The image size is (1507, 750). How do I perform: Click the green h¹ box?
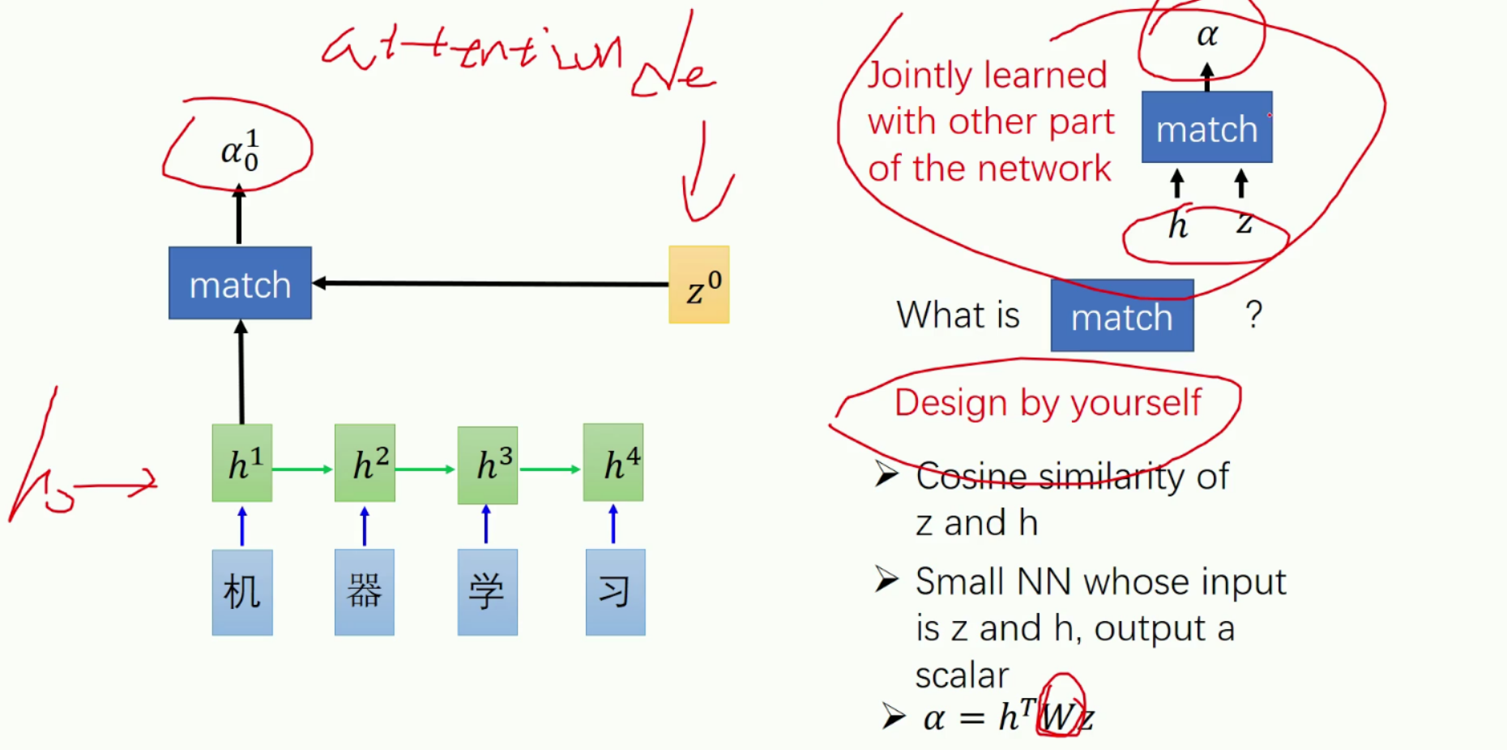(242, 463)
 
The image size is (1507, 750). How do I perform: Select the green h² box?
(365, 463)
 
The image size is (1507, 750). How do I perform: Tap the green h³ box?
(487, 465)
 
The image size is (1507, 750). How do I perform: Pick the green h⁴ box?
(613, 462)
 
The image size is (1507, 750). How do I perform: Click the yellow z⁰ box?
(698, 285)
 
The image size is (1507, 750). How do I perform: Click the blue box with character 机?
(242, 592)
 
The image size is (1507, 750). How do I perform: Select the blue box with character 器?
(365, 592)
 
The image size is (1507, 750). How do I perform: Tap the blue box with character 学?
(487, 592)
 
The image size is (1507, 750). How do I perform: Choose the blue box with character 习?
(615, 592)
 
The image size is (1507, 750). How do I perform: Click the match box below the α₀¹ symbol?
(240, 283)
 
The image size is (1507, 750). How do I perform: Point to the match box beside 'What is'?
(1122, 316)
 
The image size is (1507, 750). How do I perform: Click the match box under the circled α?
(1206, 127)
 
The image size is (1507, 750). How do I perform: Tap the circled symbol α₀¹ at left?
(239, 150)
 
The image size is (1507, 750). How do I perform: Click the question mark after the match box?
(1253, 315)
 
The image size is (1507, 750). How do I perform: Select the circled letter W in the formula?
(1058, 715)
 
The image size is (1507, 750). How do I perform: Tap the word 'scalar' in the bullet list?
(962, 675)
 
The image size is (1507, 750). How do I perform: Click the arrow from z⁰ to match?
(490, 283)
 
